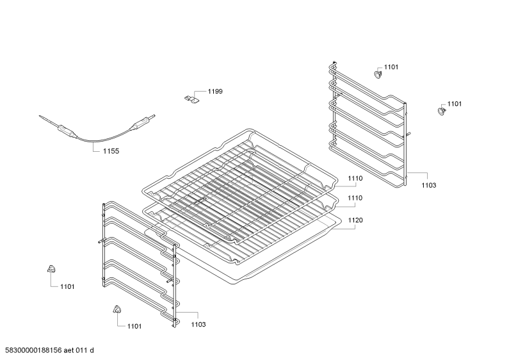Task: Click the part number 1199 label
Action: [x=215, y=92]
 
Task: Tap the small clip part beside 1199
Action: [x=191, y=99]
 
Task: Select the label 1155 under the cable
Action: [x=111, y=151]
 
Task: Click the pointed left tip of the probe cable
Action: [x=40, y=116]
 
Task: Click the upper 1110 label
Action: [x=355, y=178]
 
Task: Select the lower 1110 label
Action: [x=355, y=198]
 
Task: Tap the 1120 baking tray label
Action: [x=355, y=220]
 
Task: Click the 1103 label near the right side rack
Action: [x=429, y=185]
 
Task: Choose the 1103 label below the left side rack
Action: [x=198, y=324]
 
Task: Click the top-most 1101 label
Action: [x=391, y=67]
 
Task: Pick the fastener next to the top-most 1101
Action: [x=378, y=74]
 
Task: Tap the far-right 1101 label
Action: [x=455, y=104]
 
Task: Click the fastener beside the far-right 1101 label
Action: [x=441, y=110]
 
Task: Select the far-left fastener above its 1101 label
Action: [x=52, y=268]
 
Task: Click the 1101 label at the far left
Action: [x=67, y=286]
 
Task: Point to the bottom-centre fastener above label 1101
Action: [x=117, y=309]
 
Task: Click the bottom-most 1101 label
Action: [x=134, y=326]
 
